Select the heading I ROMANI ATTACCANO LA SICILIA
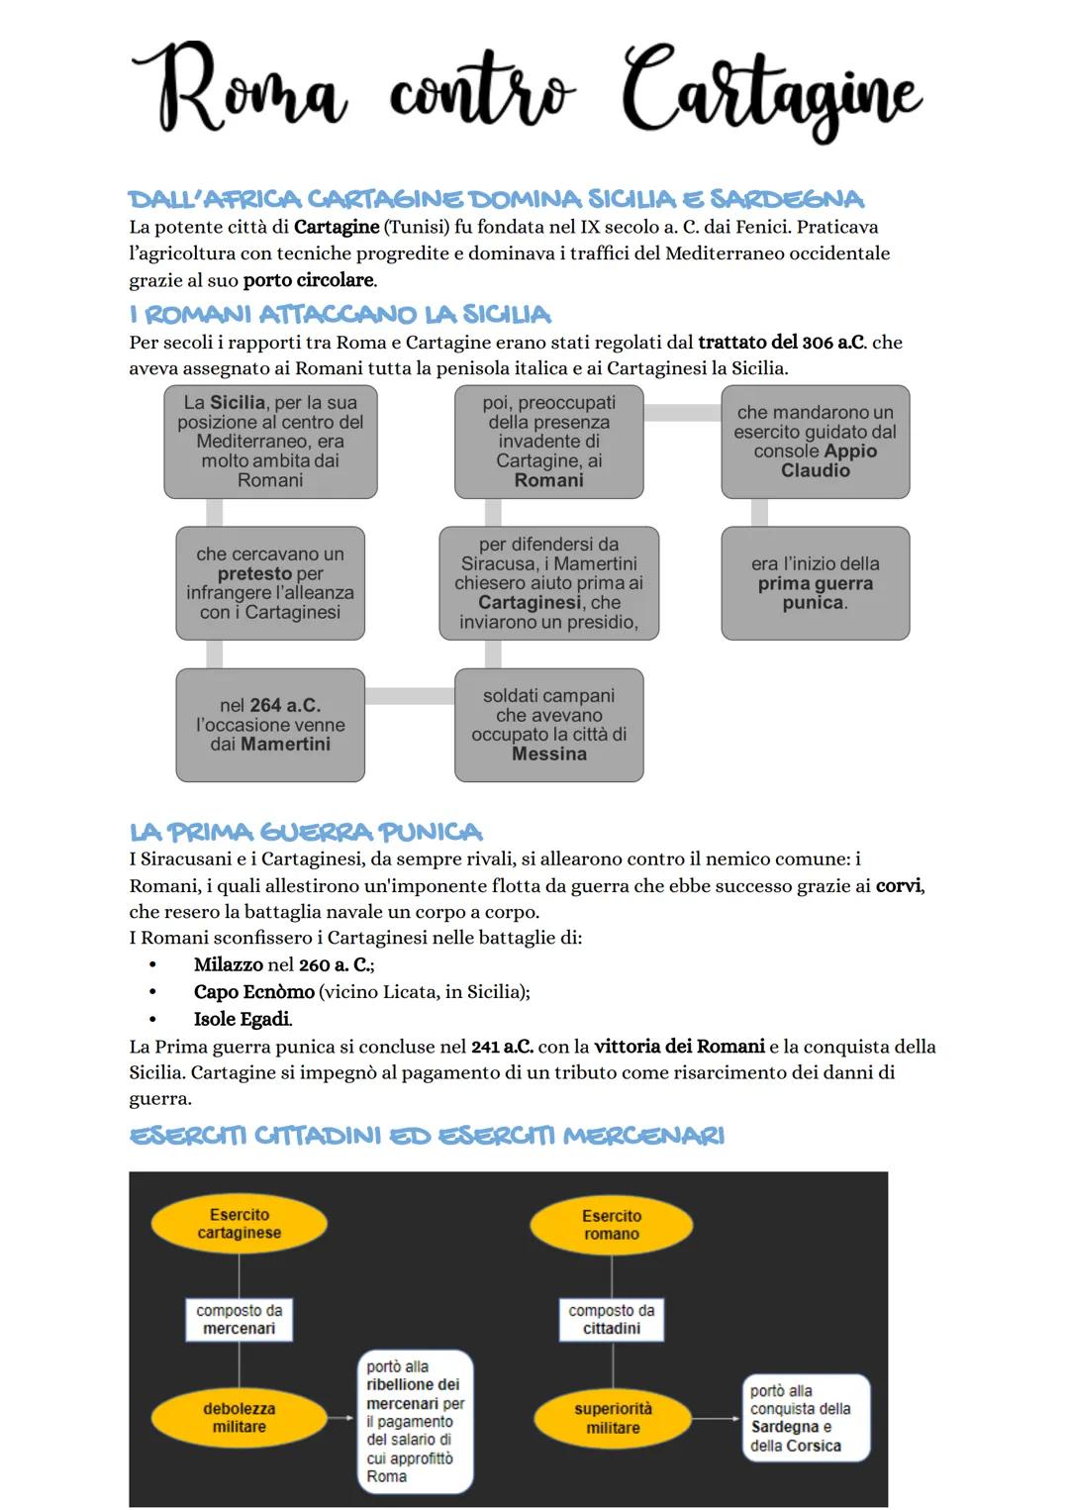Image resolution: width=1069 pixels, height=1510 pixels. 340,315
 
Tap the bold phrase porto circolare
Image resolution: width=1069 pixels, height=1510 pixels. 309,280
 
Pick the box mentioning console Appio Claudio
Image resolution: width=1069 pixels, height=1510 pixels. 815,442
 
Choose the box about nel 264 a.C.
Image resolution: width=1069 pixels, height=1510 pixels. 270,725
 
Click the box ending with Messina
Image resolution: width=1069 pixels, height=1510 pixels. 548,725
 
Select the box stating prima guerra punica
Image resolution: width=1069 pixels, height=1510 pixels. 815,583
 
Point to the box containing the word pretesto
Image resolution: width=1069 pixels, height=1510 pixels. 270,583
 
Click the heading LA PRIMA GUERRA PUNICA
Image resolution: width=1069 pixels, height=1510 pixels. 306,832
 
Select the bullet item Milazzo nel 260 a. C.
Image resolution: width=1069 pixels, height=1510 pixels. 283,964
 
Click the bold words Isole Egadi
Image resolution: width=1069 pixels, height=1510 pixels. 243,1019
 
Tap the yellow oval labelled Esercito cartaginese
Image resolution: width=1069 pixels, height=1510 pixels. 239,1224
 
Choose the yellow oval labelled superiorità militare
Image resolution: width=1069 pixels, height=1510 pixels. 612,1418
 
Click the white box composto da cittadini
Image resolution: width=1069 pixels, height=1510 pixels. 611,1319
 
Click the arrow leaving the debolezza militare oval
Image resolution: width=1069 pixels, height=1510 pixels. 340,1418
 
